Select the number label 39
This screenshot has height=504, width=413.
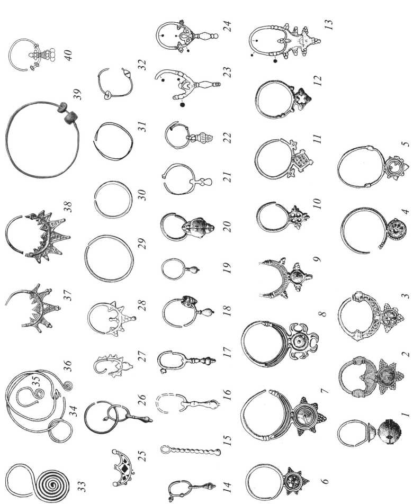click(77, 94)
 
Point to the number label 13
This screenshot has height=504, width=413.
click(328, 25)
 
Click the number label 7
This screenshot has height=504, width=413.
click(325, 391)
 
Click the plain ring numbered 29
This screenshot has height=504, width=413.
click(109, 259)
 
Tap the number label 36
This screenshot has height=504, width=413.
click(68, 366)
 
